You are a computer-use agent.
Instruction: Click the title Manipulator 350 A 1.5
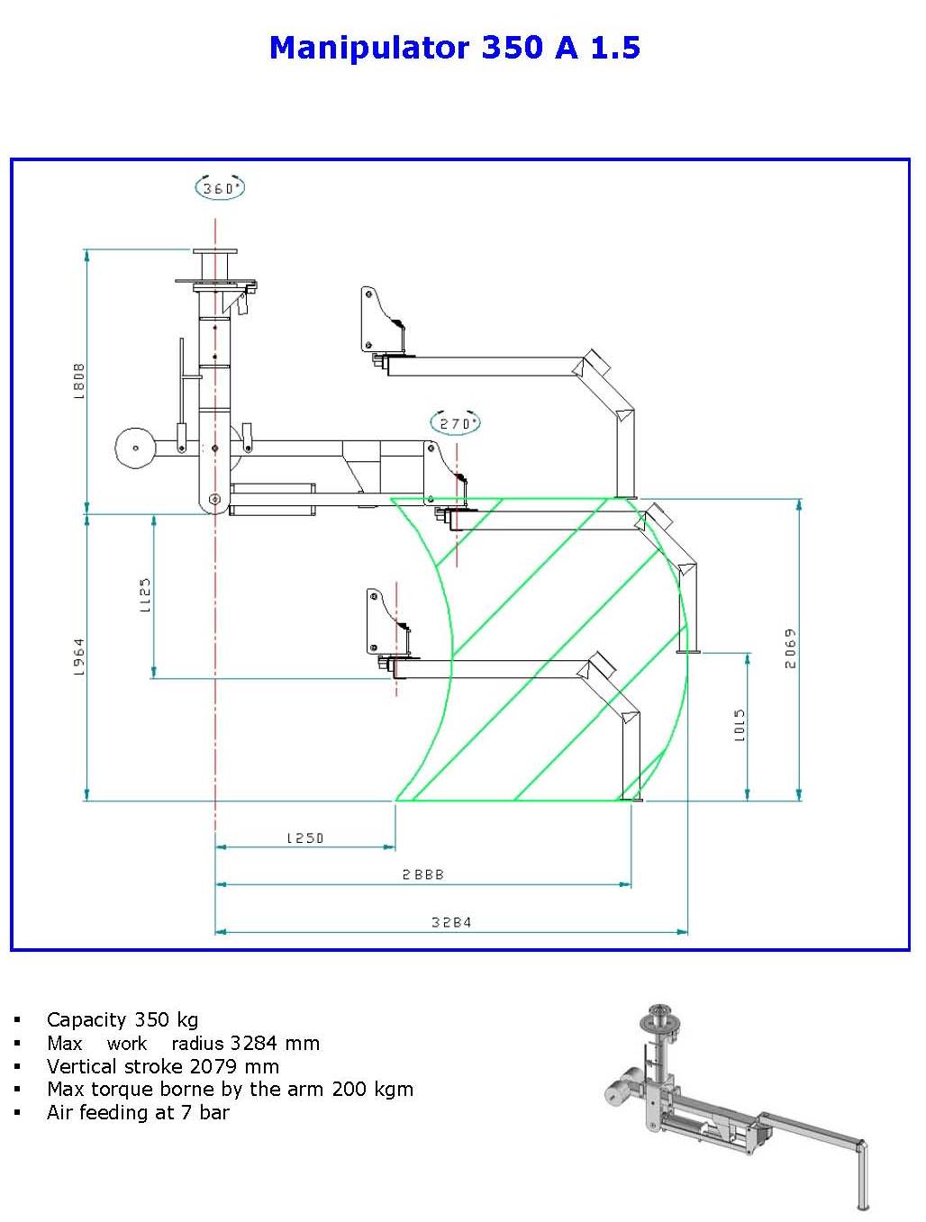pyautogui.click(x=454, y=47)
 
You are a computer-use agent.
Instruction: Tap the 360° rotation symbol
pyautogui.click(x=220, y=187)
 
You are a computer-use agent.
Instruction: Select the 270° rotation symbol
pyautogui.click(x=456, y=422)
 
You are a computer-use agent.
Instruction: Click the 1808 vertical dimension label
pyautogui.click(x=78, y=380)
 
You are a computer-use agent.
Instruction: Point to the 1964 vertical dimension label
pyautogui.click(x=78, y=656)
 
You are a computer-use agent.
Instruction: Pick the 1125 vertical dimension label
pyautogui.click(x=145, y=595)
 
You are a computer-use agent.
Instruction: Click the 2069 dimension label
pyautogui.click(x=790, y=648)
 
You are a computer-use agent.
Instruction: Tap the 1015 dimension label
pyautogui.click(x=740, y=725)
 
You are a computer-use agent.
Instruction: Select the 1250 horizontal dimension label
pyautogui.click(x=304, y=837)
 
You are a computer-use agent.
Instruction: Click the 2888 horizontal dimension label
pyautogui.click(x=422, y=874)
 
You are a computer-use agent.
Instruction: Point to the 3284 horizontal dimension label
pyautogui.click(x=450, y=922)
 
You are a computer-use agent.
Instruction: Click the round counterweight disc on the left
pyautogui.click(x=134, y=447)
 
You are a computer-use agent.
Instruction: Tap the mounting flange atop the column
pyautogui.click(x=214, y=253)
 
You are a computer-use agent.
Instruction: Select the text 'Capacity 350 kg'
pyautogui.click(x=123, y=1019)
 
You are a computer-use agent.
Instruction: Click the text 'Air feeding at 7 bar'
pyautogui.click(x=138, y=1112)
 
